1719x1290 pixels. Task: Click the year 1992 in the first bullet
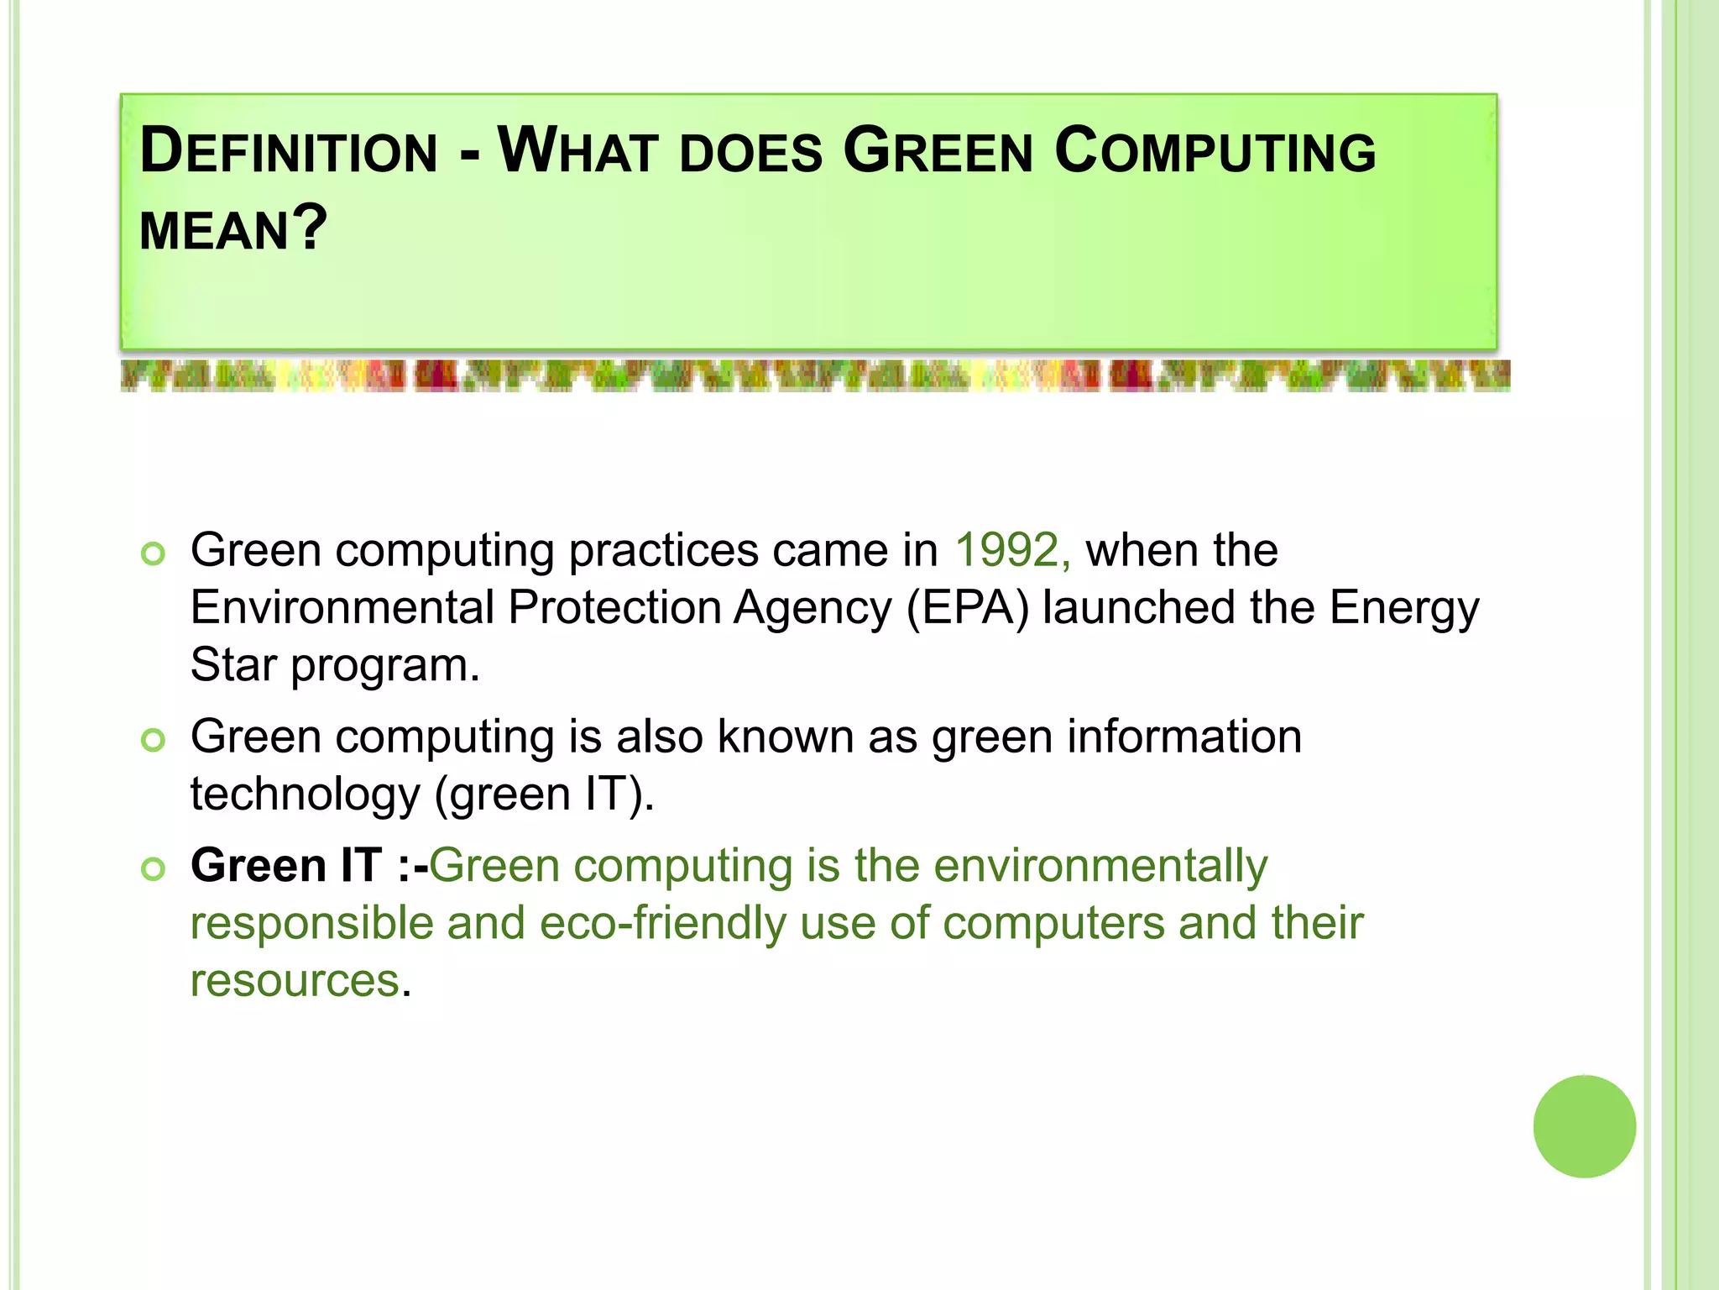[x=1011, y=551]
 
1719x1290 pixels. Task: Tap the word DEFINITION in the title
[x=289, y=151]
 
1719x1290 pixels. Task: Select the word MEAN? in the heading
[x=233, y=228]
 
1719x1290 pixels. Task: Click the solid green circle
[x=1584, y=1126]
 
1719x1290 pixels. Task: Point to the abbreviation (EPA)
[x=967, y=608]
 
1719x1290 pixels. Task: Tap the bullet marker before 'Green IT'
[x=153, y=868]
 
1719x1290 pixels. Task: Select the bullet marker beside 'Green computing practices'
[x=153, y=554]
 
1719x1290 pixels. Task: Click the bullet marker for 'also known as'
[x=153, y=740]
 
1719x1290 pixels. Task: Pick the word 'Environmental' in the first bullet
[x=342, y=608]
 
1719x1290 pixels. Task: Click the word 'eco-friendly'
[x=662, y=924]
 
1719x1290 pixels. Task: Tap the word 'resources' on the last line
[x=295, y=981]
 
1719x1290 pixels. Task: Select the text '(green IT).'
[x=543, y=794]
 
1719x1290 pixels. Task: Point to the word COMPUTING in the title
[x=1215, y=151]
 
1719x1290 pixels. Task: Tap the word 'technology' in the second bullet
[x=304, y=794]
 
